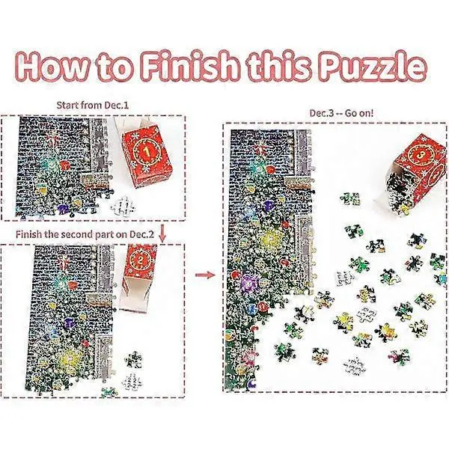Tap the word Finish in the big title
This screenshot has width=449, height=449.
pos(190,67)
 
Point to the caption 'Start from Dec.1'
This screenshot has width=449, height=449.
pos(93,106)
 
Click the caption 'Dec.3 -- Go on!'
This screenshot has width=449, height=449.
pos(341,113)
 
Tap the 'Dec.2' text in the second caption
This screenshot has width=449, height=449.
pos(141,234)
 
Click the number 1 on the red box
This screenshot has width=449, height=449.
pos(147,152)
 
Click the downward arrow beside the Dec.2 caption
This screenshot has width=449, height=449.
pos(162,233)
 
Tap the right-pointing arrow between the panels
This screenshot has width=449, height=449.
pos(205,275)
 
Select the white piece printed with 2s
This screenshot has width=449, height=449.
pos(132,382)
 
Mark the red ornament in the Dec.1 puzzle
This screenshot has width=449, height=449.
pos(65,165)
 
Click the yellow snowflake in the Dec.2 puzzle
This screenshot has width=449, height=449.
pos(69,358)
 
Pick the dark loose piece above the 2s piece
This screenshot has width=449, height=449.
pos(133,359)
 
